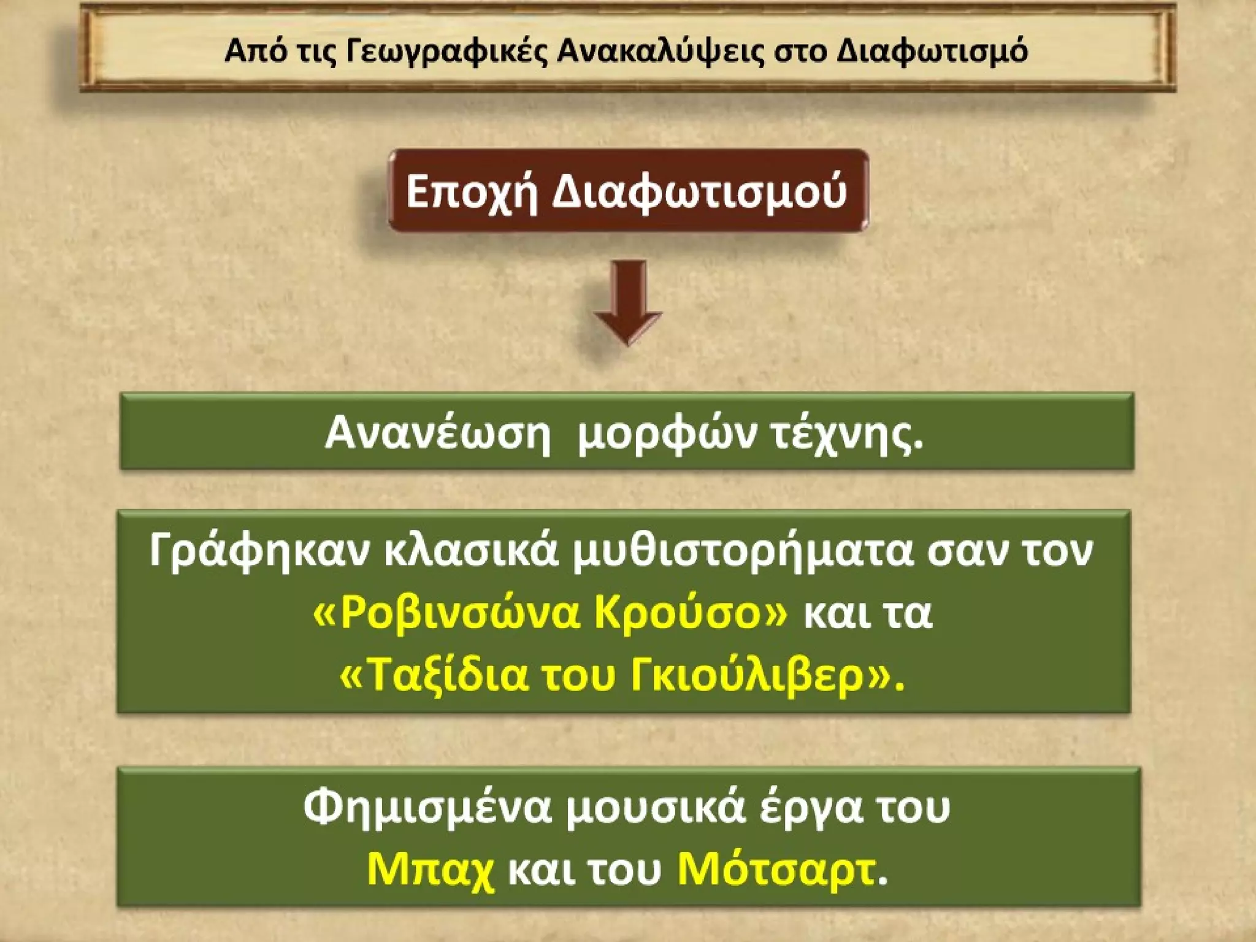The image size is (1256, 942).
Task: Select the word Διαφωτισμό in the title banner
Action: pos(932,51)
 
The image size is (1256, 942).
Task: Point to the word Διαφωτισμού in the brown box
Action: pos(700,191)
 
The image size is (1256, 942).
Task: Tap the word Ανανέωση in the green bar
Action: pos(438,432)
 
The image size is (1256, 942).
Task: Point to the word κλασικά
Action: pos(472,550)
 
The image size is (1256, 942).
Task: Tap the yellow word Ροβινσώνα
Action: pos(457,613)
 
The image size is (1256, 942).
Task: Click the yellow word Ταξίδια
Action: pos(441,676)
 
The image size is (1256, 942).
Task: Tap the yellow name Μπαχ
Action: pos(430,870)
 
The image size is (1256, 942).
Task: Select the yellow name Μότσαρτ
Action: pos(776,870)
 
